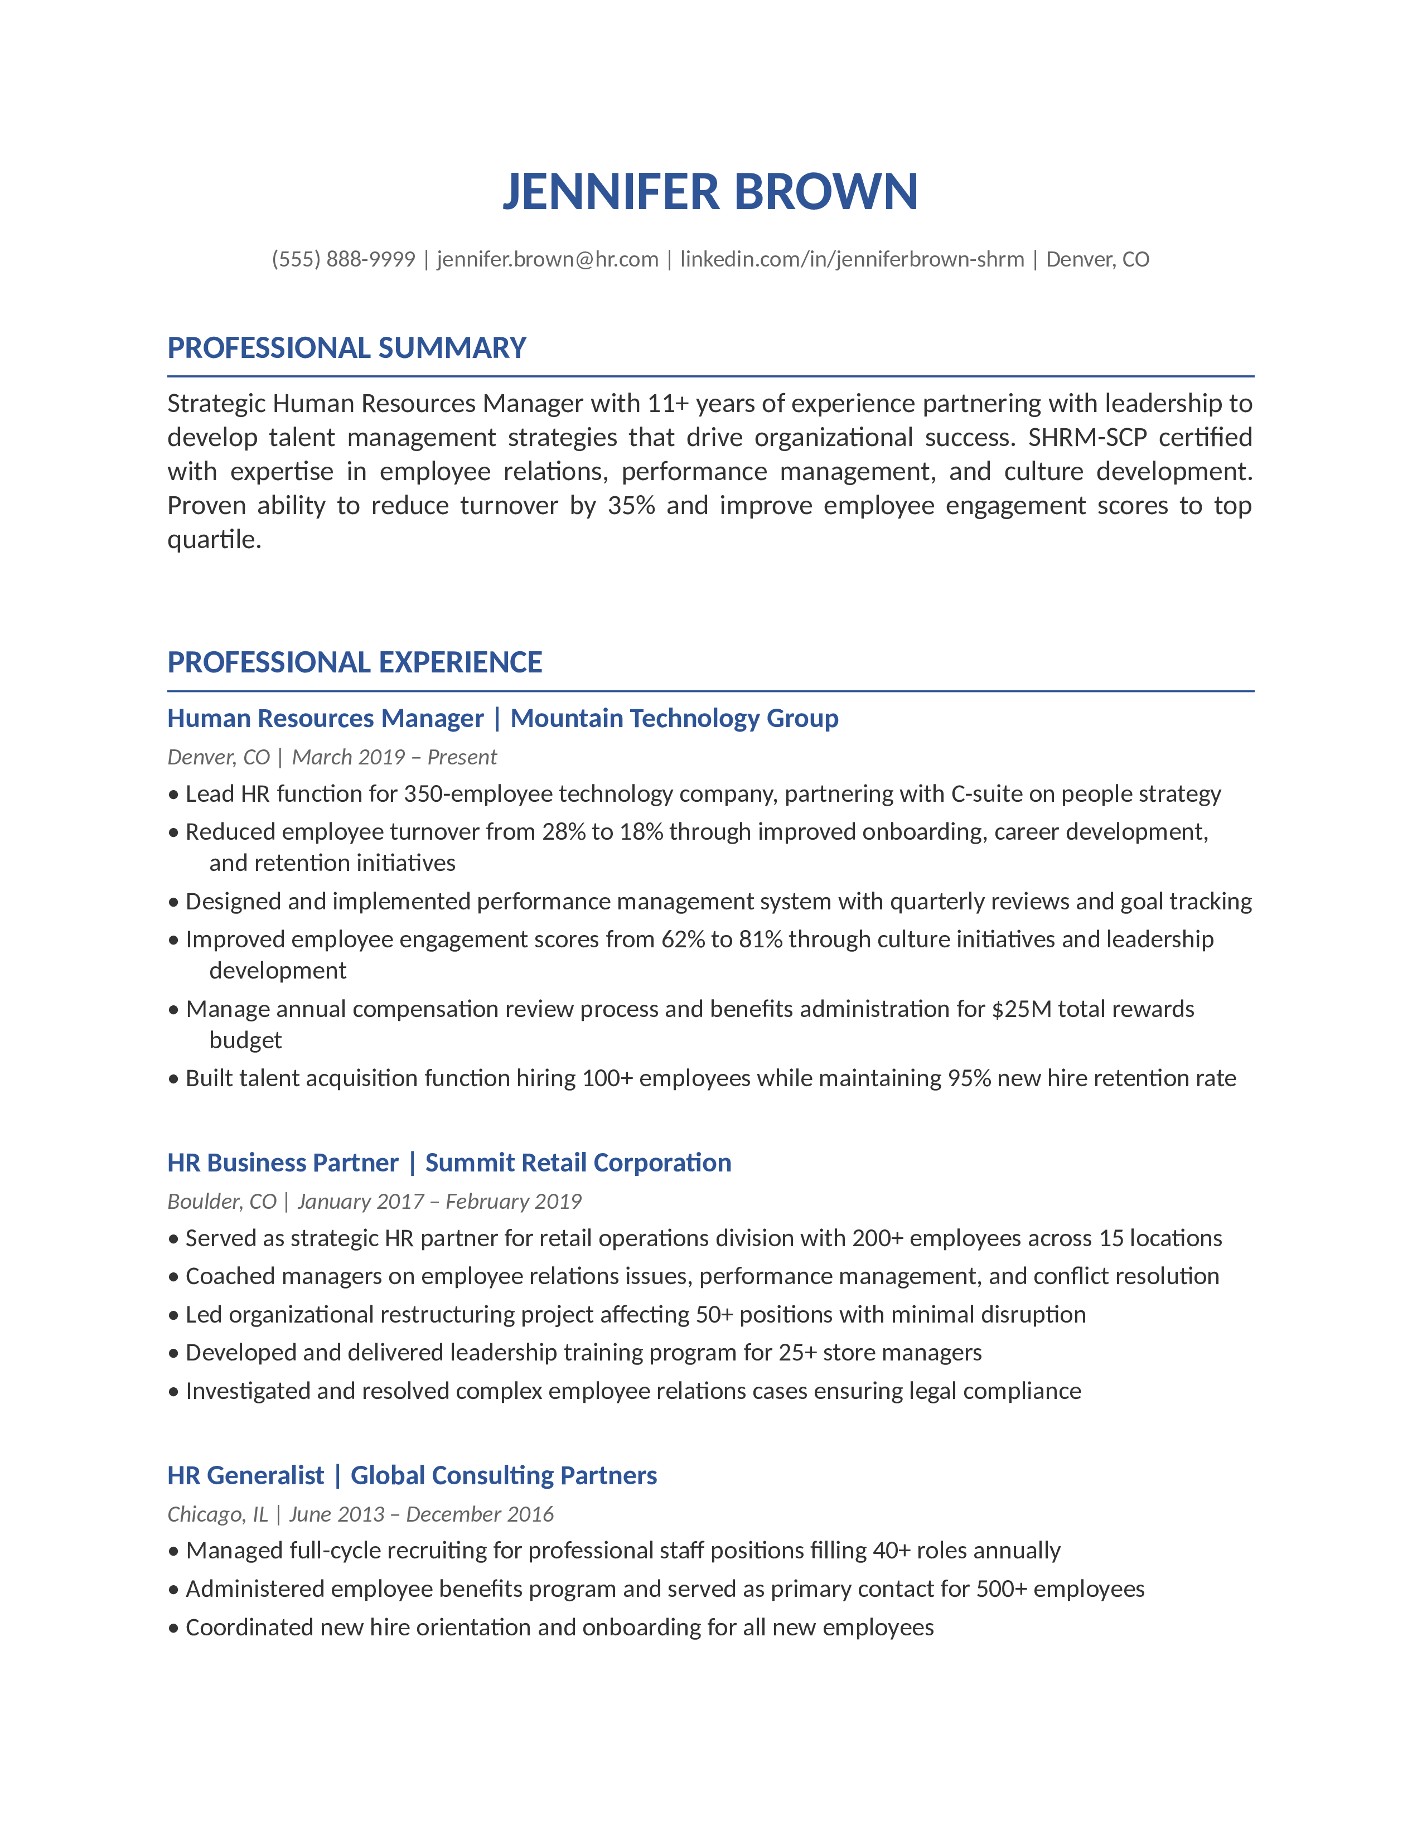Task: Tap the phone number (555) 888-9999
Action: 344,259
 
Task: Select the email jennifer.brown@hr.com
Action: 548,259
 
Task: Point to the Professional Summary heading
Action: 346,348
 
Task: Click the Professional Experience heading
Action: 355,662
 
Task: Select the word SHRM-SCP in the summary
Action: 1087,437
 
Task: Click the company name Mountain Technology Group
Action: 674,719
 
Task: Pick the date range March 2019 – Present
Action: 394,757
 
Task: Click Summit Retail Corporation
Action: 578,1163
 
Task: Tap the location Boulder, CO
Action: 221,1202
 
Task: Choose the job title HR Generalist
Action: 245,1475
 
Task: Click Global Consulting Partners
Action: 504,1475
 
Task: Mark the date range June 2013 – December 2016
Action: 421,1514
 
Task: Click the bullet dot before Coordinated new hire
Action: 173,1628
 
